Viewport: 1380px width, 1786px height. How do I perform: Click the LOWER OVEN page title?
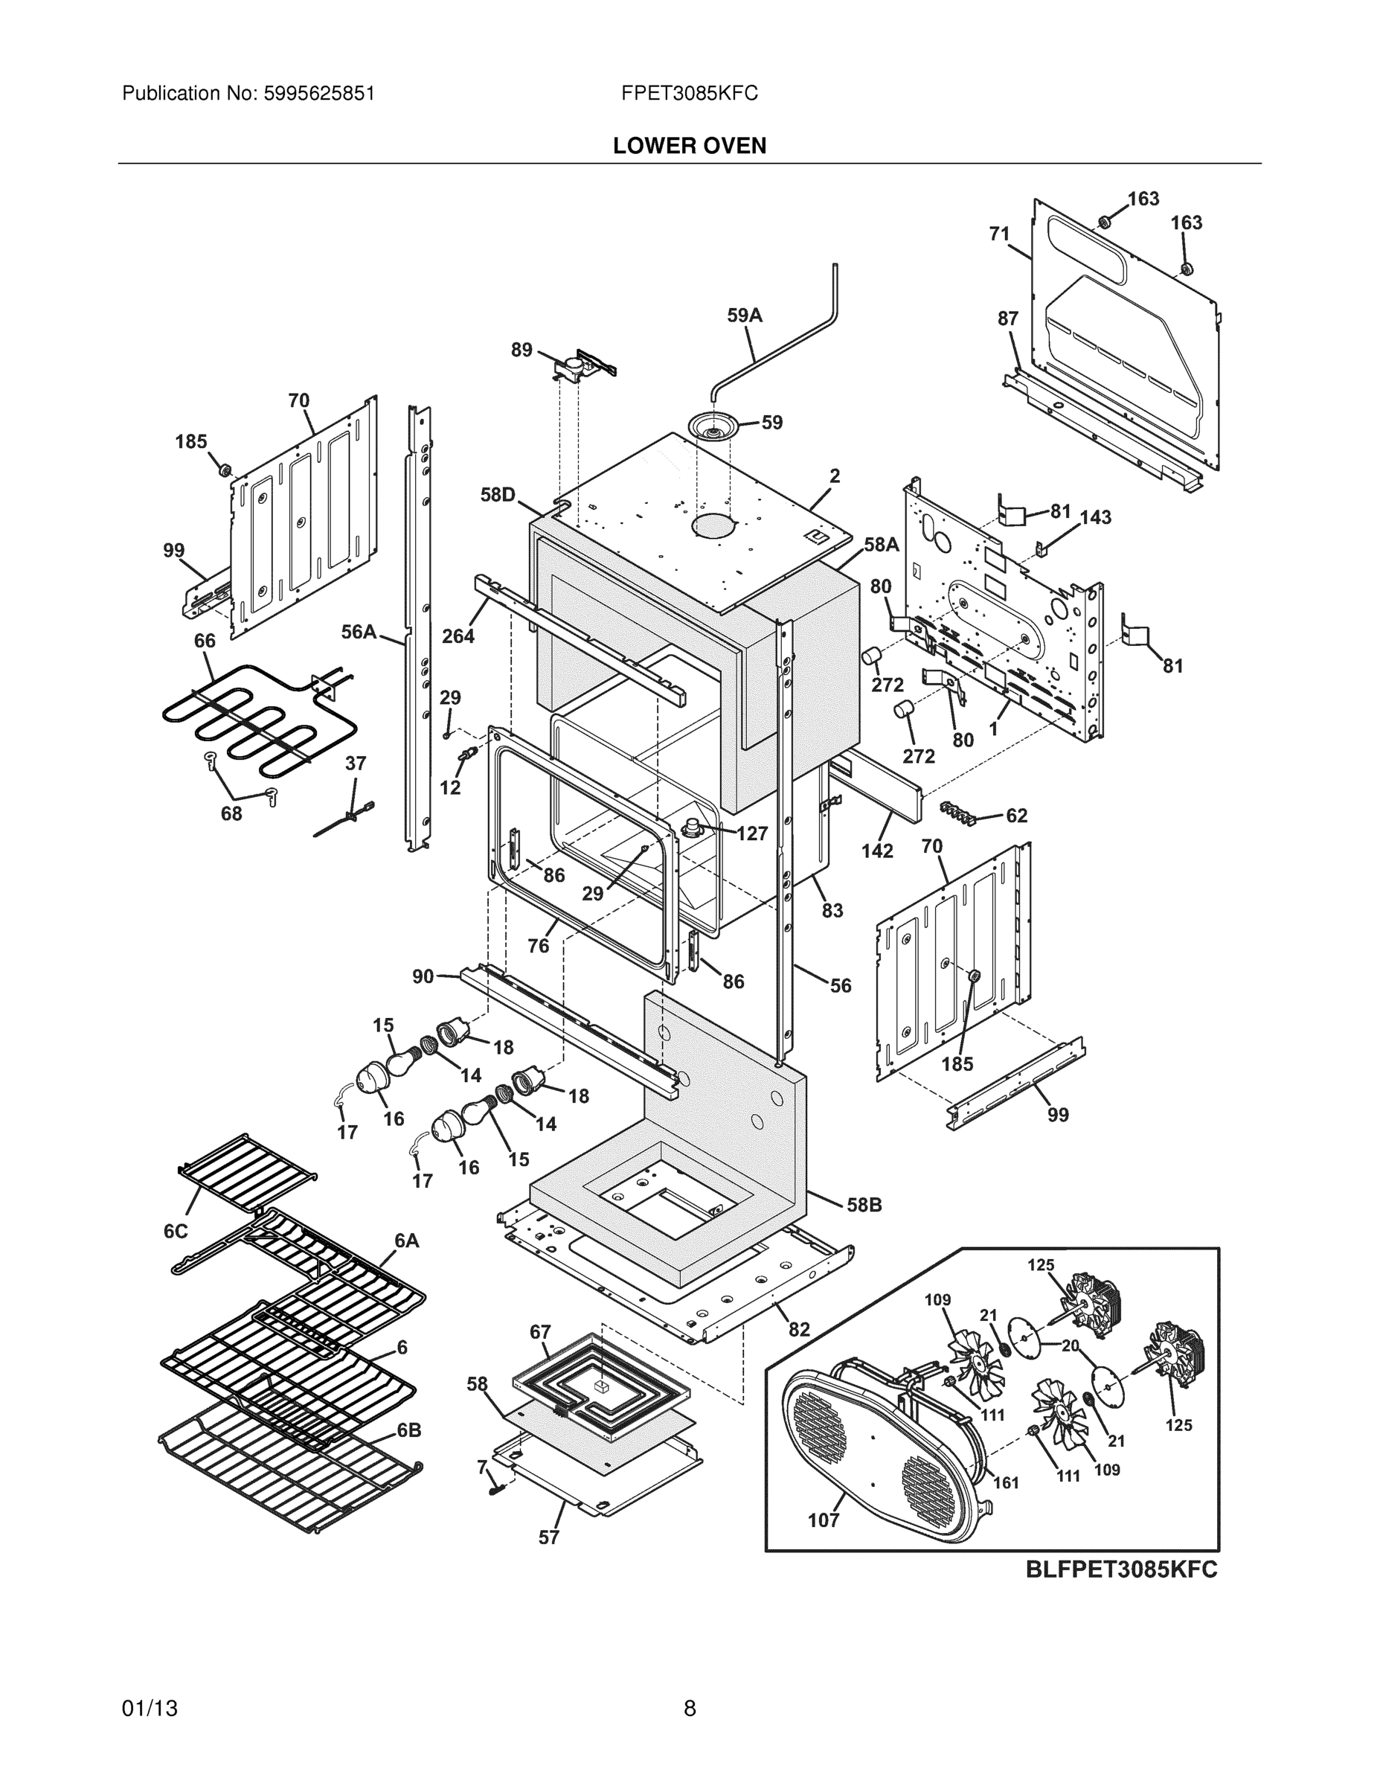[689, 146]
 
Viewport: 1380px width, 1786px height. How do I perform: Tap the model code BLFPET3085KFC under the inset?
[1122, 1569]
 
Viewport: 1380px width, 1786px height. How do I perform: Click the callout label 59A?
[744, 316]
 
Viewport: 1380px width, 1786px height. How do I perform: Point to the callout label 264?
[458, 636]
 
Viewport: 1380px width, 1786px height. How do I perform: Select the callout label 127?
[751, 833]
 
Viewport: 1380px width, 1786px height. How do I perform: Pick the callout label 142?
[876, 851]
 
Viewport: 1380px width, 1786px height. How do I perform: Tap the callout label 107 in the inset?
[824, 1520]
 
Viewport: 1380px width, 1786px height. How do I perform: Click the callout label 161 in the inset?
[1006, 1482]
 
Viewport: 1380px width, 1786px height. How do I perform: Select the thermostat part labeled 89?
[579, 368]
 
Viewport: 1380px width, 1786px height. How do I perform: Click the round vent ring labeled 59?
[713, 426]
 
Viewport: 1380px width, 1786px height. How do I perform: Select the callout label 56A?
[358, 631]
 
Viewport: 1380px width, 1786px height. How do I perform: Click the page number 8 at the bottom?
[689, 1709]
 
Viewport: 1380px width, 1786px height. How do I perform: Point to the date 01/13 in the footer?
[150, 1709]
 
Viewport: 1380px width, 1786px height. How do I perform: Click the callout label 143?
[1096, 517]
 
